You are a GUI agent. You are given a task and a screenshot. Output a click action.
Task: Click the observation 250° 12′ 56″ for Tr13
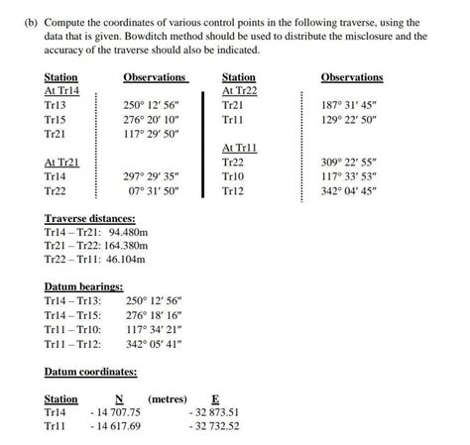pos(151,104)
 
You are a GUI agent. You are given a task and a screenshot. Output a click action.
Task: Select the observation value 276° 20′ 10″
pos(151,118)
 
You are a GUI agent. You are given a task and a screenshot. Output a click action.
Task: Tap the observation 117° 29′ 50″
pos(151,133)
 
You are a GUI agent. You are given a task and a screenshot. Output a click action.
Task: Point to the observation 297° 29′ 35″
pos(151,175)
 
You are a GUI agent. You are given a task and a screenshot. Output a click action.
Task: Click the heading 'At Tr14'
pos(61,90)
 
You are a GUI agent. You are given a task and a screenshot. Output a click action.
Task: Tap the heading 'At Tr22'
pos(239,90)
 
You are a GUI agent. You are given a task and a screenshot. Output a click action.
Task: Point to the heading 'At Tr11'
pos(239,147)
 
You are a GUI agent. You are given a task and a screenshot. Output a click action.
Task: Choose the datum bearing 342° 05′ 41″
pos(155,344)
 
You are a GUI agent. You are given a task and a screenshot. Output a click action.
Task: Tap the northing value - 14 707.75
pos(117,411)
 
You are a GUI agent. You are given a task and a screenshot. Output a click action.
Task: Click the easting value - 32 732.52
pos(214,426)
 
